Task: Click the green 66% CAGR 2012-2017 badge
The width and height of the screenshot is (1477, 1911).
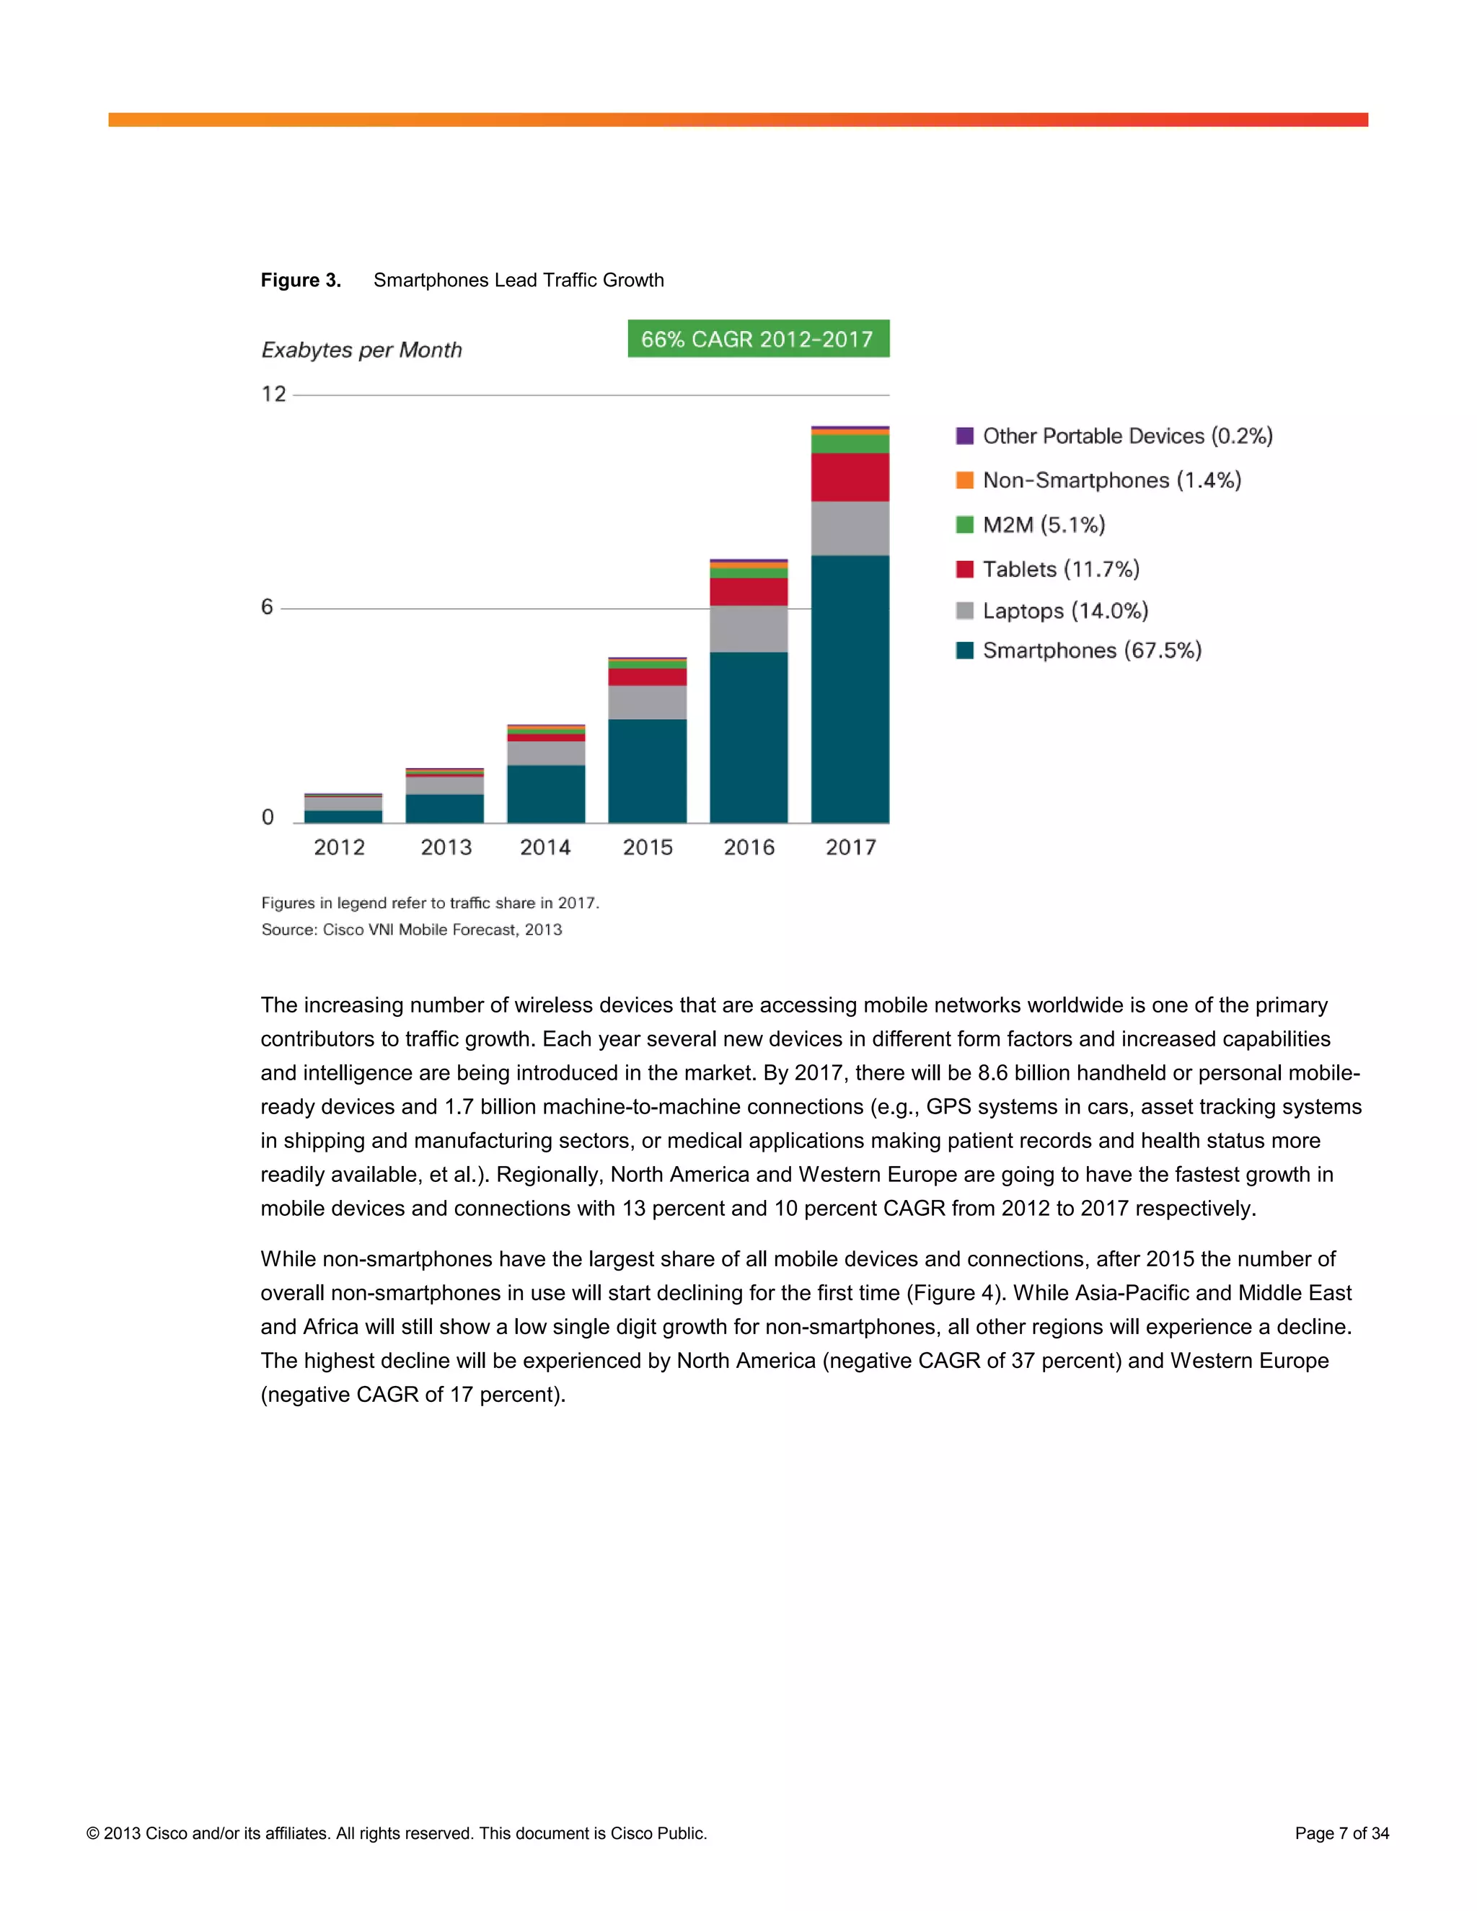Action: click(x=758, y=339)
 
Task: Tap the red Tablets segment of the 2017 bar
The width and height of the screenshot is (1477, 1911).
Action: click(x=850, y=477)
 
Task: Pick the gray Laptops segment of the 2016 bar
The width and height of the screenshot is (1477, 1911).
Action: click(x=748, y=628)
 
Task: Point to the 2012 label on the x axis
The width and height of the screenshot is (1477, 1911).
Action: click(x=340, y=847)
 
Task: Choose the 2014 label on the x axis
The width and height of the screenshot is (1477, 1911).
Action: click(x=545, y=847)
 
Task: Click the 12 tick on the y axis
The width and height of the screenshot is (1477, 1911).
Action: click(x=274, y=394)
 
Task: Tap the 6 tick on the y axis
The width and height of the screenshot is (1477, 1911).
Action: click(x=268, y=607)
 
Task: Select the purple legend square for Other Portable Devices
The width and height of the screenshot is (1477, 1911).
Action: click(x=964, y=436)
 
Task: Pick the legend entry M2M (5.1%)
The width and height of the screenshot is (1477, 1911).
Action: click(x=1044, y=525)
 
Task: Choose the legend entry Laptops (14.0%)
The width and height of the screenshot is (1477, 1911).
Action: click(x=1065, y=611)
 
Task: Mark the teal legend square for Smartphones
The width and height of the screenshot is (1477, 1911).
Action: click(x=964, y=650)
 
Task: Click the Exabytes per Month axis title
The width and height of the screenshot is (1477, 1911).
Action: click(x=361, y=350)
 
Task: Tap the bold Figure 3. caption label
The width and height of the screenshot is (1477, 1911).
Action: click(x=301, y=280)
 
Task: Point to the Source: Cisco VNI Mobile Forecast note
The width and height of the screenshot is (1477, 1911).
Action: click(x=411, y=930)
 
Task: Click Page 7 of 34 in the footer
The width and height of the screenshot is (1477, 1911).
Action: click(x=1341, y=1833)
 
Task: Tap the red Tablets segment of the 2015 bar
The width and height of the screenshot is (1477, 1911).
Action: click(x=647, y=677)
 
